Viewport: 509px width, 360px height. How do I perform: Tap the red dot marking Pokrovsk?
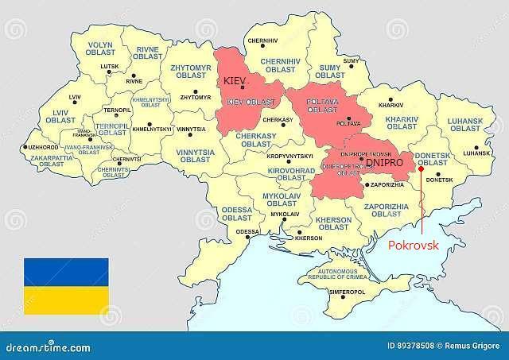pos(421,168)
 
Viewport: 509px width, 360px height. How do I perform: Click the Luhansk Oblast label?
pos(465,125)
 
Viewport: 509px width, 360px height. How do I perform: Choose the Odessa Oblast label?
pos(239,213)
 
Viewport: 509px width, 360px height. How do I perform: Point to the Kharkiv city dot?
pos(390,97)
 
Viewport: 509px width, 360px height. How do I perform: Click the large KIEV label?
pos(237,83)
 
